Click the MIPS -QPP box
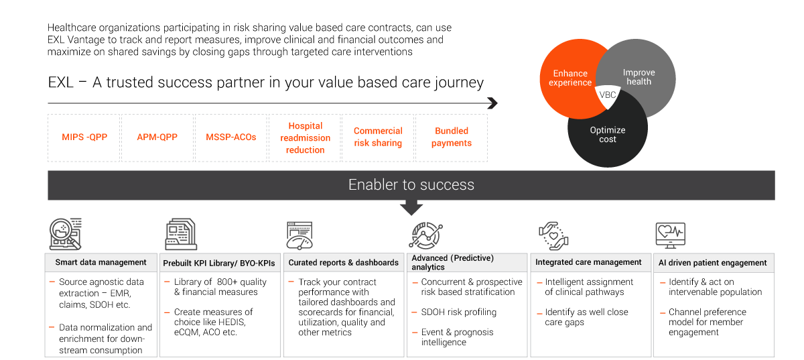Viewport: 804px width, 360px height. click(x=84, y=137)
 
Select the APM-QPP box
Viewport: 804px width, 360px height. click(x=157, y=137)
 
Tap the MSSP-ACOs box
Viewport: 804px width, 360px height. click(x=231, y=137)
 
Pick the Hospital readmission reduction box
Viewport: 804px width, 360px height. click(x=305, y=137)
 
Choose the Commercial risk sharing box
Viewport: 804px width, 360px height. click(x=378, y=137)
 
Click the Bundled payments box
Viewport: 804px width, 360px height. click(x=452, y=137)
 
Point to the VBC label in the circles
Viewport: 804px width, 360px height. click(x=607, y=95)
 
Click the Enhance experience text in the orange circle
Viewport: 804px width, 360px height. click(x=570, y=78)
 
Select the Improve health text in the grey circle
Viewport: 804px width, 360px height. click(x=639, y=76)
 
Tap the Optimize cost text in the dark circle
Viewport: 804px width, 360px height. click(x=608, y=135)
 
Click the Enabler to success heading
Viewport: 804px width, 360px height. click(x=411, y=185)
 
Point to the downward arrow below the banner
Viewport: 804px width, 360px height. click(x=411, y=208)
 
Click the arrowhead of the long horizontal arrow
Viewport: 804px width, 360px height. click(x=492, y=103)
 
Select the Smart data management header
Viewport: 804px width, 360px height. click(x=100, y=262)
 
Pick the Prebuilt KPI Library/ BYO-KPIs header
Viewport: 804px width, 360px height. click(x=220, y=263)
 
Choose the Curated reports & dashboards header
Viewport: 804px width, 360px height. click(x=344, y=263)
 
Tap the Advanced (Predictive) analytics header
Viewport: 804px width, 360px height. click(x=466, y=262)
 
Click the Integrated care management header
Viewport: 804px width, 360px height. click(x=589, y=262)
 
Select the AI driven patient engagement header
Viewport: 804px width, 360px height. click(x=713, y=263)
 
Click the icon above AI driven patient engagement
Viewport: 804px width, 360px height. click(x=670, y=235)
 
